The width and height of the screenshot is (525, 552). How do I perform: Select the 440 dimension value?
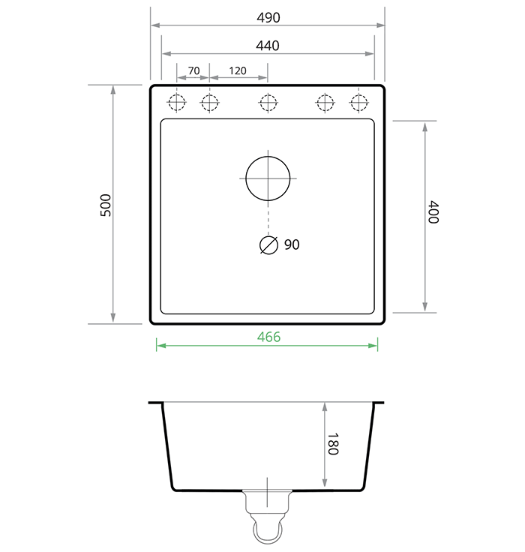click(268, 46)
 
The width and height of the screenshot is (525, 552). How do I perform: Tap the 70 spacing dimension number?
click(193, 70)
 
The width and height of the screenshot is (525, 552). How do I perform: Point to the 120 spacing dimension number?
click(238, 70)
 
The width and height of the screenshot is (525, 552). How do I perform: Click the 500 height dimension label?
click(106, 205)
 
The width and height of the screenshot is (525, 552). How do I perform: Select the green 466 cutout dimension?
click(268, 337)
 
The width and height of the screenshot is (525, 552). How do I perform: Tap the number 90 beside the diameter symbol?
click(292, 244)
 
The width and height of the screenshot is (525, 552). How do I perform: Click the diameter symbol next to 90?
click(268, 245)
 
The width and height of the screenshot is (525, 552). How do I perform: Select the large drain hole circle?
click(268, 178)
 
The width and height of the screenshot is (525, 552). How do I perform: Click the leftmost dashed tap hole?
click(177, 102)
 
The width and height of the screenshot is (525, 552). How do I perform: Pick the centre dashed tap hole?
click(268, 102)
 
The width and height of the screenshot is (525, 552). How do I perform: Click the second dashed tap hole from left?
click(209, 102)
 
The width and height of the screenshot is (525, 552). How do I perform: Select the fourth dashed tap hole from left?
click(325, 102)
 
